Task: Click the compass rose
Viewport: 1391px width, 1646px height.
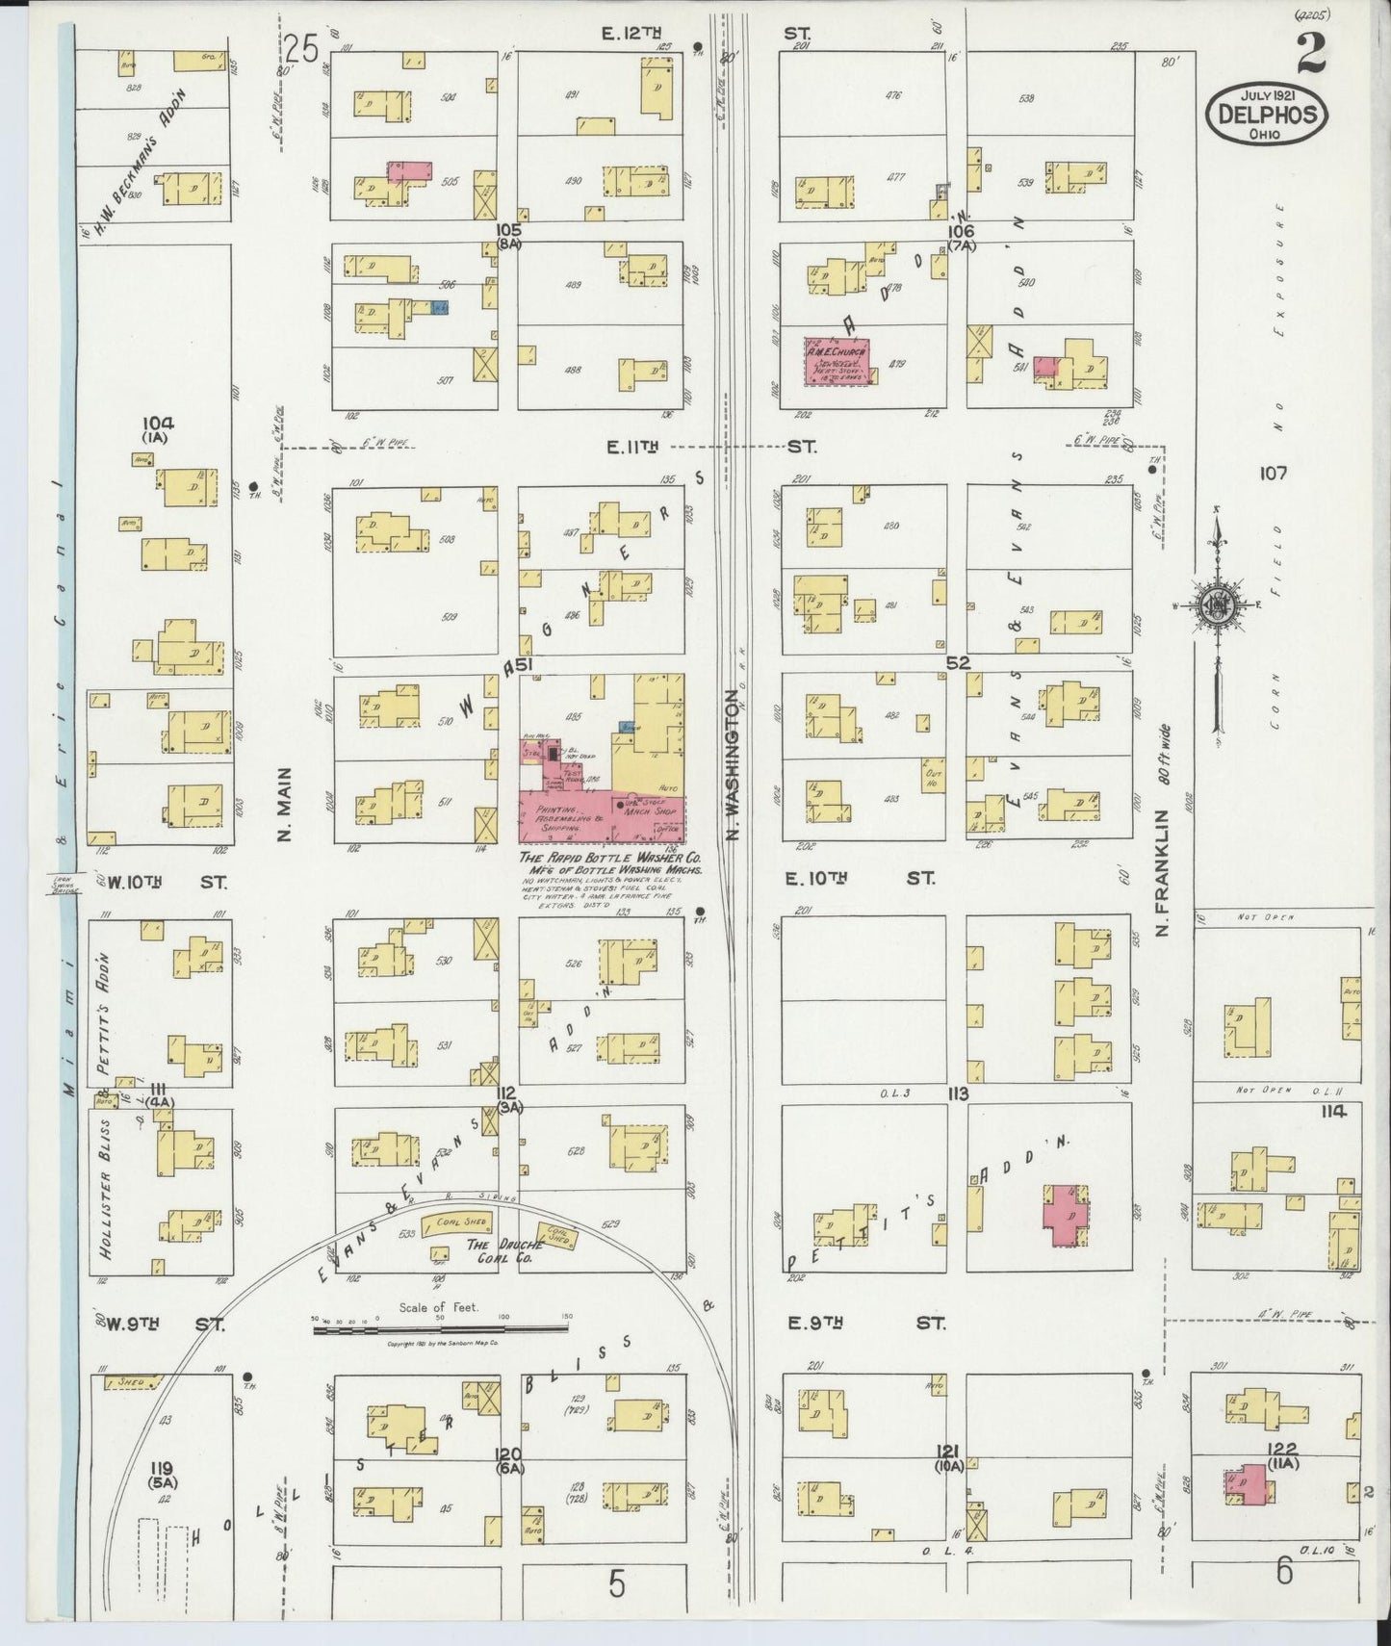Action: (x=1218, y=604)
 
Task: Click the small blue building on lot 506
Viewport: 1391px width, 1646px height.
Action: (x=441, y=307)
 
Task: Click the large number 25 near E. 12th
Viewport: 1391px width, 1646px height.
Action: (x=301, y=49)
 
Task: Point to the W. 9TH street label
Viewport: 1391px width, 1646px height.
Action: (x=161, y=1324)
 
